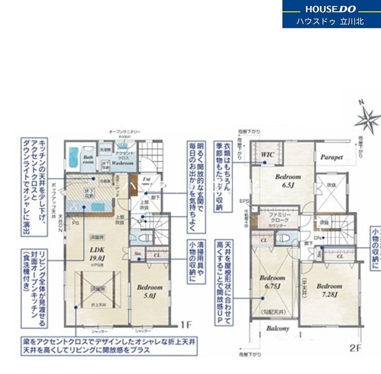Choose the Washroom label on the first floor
coord(124,163)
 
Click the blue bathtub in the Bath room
coord(74,157)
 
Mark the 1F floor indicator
coord(186,325)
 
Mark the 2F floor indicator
coord(356,348)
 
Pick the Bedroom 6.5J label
coord(287,180)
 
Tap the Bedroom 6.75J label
coord(272,281)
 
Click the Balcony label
coord(278,328)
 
